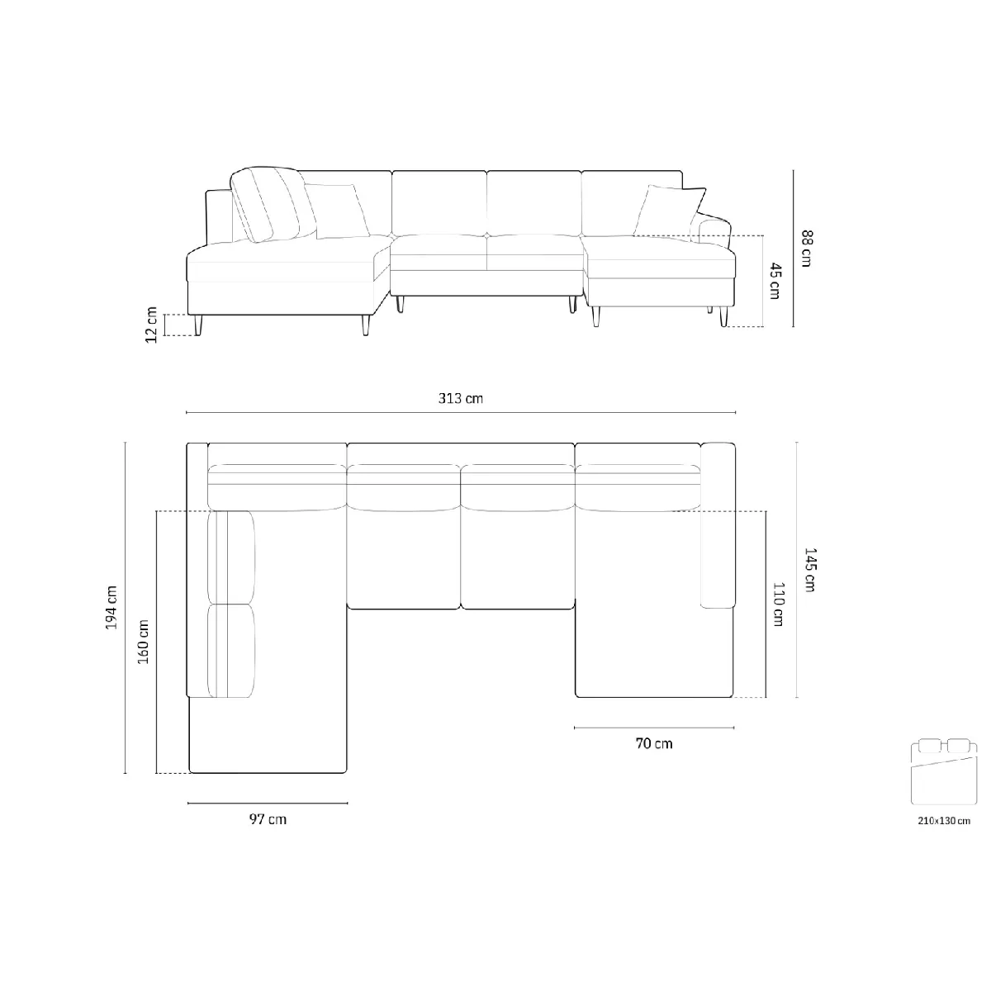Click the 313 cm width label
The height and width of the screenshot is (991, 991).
pyautogui.click(x=460, y=399)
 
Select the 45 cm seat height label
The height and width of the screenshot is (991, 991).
pyautogui.click(x=775, y=281)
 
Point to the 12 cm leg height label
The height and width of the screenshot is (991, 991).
pyautogui.click(x=151, y=325)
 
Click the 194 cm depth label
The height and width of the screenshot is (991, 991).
pyautogui.click(x=111, y=607)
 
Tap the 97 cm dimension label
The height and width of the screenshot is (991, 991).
pyautogui.click(x=268, y=819)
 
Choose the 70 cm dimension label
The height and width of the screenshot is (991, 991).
pyautogui.click(x=653, y=743)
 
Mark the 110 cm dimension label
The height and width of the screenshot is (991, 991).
pyautogui.click(x=779, y=605)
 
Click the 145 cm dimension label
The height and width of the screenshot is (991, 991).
pyautogui.click(x=809, y=570)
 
